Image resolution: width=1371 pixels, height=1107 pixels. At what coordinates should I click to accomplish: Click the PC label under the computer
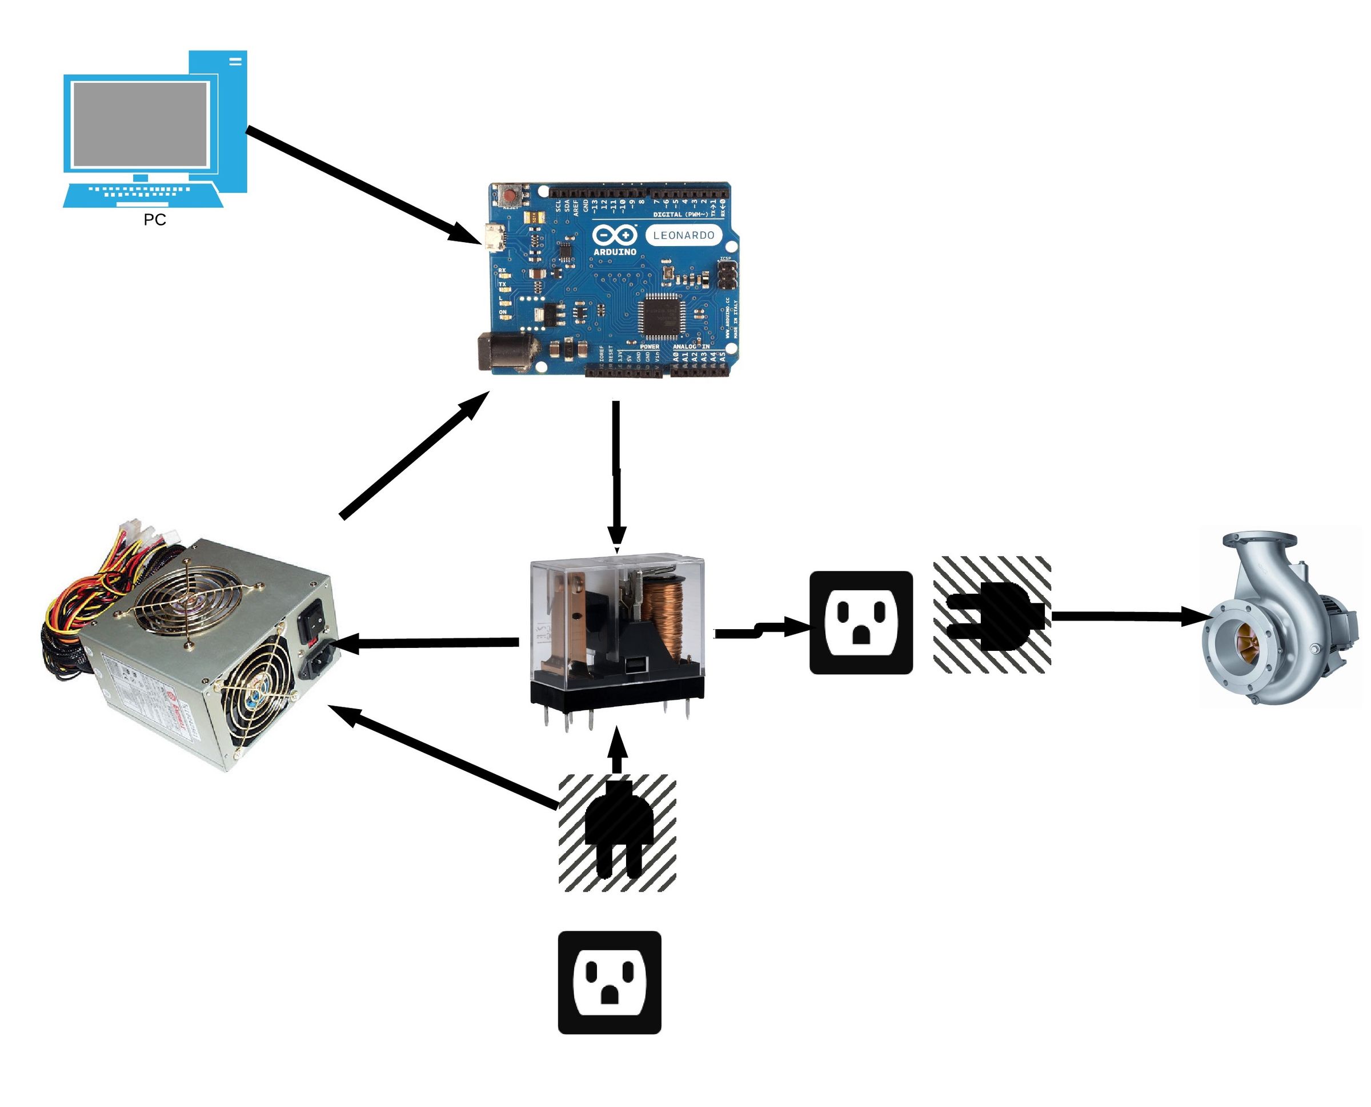[155, 220]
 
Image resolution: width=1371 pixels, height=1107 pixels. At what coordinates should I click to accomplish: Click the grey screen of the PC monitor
[141, 124]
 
